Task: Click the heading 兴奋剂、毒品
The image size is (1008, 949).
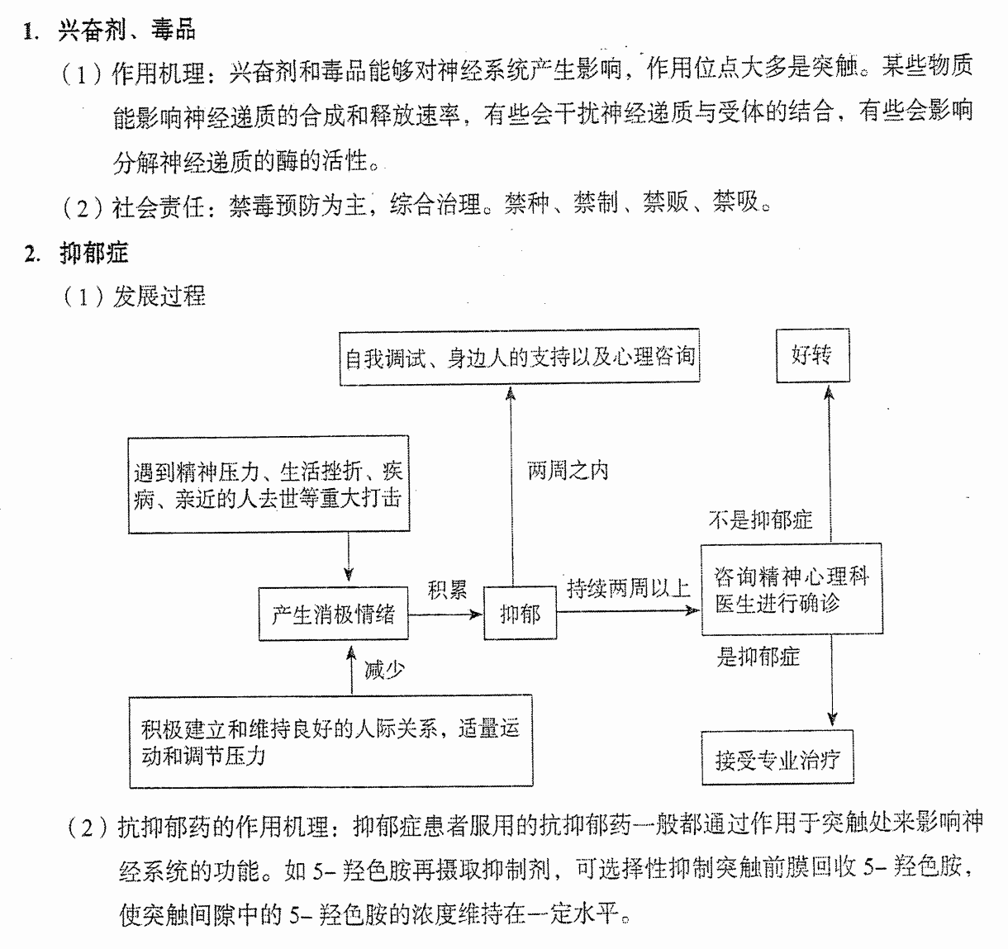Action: point(127,30)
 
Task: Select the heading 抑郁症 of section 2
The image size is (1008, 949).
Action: point(94,254)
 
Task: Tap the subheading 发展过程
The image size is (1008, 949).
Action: point(159,296)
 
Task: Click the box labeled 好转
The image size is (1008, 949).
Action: point(812,355)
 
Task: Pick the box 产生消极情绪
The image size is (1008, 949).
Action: point(334,614)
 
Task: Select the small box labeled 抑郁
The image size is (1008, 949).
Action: point(521,613)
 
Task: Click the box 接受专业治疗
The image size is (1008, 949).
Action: point(777,757)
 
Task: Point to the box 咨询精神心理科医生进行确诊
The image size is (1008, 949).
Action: point(792,589)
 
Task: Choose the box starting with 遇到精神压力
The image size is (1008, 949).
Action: point(269,484)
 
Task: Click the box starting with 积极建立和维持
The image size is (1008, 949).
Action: point(331,742)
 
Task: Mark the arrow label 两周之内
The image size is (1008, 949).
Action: point(568,471)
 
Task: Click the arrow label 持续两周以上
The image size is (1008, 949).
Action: point(629,588)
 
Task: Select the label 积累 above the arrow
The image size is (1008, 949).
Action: point(447,589)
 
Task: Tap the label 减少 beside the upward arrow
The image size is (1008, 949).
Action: point(384,670)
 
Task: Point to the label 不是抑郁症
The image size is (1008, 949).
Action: point(760,520)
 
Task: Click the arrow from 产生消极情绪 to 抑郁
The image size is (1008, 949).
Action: point(445,615)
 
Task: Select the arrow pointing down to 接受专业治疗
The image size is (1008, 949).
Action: point(832,681)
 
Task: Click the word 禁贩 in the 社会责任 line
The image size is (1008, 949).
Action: point(666,202)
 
